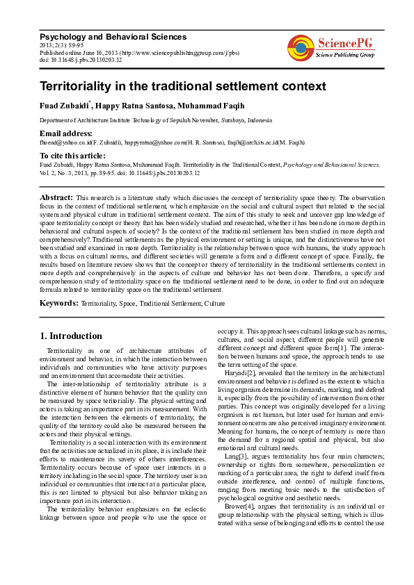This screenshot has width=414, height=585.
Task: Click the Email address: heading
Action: pos(66,133)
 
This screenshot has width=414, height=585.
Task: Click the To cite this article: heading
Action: pos(72,156)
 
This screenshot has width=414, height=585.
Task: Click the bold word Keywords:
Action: pos(59,304)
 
